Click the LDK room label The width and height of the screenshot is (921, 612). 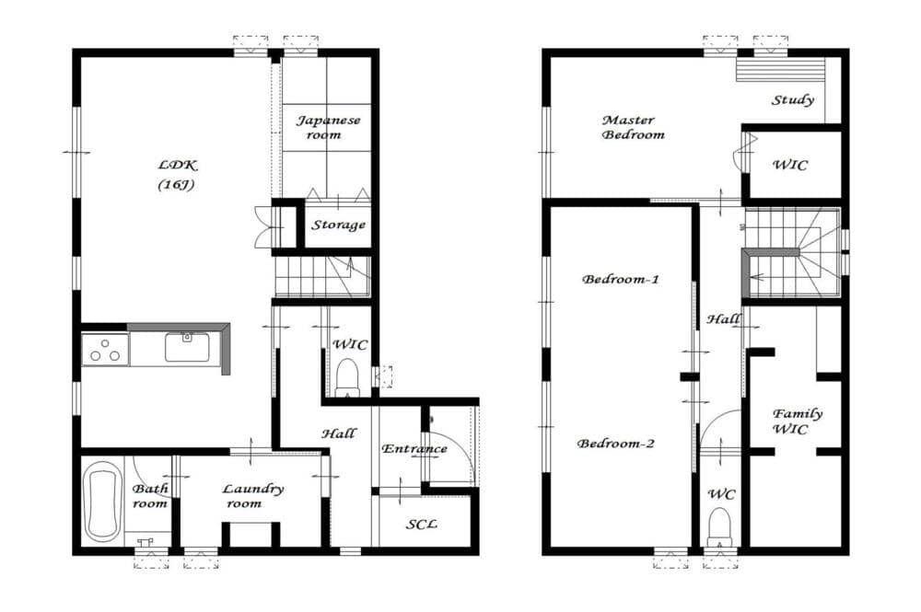coord(177,174)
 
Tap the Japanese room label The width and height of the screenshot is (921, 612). coord(328,127)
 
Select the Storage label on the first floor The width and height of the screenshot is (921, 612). coord(338,225)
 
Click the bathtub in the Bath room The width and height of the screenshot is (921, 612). coord(102,502)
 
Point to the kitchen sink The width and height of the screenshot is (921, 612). coord(187,347)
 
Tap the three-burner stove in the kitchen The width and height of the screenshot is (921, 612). coord(105,350)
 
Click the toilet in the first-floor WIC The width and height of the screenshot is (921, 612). coord(347,377)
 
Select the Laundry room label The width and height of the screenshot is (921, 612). coord(252,496)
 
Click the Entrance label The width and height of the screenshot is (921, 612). coord(414,449)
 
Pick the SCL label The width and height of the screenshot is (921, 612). coord(422,524)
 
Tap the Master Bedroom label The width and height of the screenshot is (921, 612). coord(633,127)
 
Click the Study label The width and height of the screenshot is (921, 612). coord(792,99)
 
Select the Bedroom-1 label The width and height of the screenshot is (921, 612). coord(620,279)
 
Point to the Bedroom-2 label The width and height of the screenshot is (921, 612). coord(615,443)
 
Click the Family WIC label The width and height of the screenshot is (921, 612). coord(797,421)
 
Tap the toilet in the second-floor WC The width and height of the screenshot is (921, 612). coord(719,526)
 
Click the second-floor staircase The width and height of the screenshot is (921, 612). coord(792,252)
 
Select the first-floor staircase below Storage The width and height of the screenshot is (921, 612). coord(322,276)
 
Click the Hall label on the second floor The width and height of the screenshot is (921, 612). coord(723,319)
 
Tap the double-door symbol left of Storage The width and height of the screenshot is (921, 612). coord(262,225)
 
